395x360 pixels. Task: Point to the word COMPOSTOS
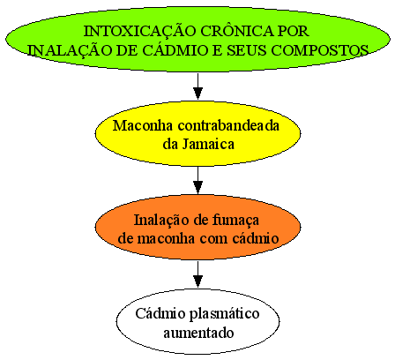click(319, 50)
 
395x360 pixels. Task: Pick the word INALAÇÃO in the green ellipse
click(70, 50)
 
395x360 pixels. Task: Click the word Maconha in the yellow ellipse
click(143, 125)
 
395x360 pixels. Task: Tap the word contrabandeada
click(228, 125)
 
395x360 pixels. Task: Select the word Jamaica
click(208, 144)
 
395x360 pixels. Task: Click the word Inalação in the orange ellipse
click(161, 220)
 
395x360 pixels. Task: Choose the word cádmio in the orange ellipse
click(256, 238)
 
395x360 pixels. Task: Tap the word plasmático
click(224, 314)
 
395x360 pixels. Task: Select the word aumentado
click(198, 333)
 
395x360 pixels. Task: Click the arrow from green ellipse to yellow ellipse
click(197, 86)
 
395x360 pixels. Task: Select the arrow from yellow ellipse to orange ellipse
click(197, 180)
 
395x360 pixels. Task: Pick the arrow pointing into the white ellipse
click(197, 274)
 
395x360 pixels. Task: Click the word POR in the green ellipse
click(294, 31)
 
